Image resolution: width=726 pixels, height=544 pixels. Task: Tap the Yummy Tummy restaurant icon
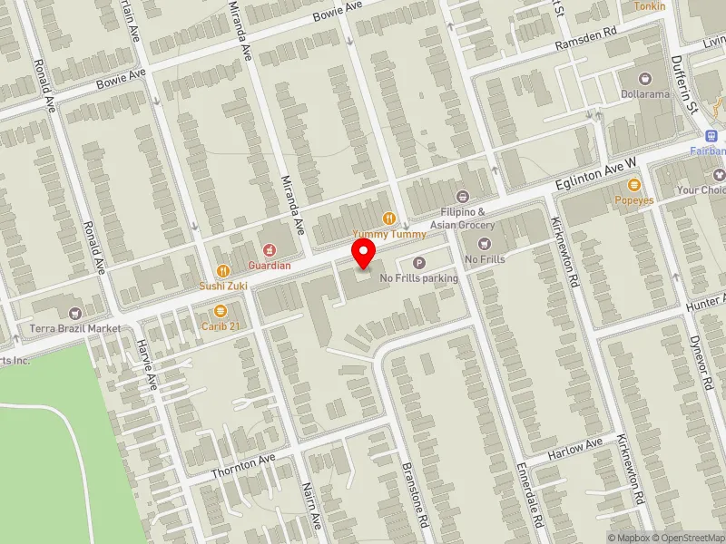pyautogui.click(x=389, y=218)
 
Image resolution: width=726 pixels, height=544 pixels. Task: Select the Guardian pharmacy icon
pyautogui.click(x=270, y=249)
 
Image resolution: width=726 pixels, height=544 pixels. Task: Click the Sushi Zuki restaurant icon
pyautogui.click(x=223, y=270)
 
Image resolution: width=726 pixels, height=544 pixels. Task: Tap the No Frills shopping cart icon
pyautogui.click(x=484, y=243)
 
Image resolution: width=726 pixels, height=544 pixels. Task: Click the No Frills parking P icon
pyautogui.click(x=418, y=263)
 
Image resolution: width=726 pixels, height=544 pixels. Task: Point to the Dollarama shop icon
pyautogui.click(x=644, y=79)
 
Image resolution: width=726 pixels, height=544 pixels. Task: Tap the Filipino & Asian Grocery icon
pyautogui.click(x=462, y=196)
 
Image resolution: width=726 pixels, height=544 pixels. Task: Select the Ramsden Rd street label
pyautogui.click(x=587, y=41)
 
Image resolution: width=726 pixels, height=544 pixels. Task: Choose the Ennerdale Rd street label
pyautogui.click(x=529, y=495)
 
